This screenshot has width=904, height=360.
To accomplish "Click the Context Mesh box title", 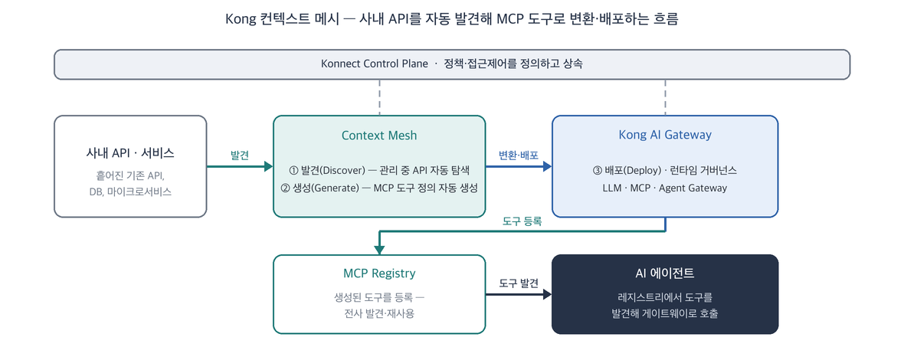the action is [378, 136].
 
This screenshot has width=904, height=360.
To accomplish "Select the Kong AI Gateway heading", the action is [665, 136].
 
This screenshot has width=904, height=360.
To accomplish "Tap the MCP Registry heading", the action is [378, 273].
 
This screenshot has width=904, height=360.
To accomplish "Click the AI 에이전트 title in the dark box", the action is [665, 273].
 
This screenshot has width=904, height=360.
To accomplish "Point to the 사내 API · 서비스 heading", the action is [130, 153].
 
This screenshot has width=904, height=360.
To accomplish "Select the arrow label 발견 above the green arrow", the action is [240, 155].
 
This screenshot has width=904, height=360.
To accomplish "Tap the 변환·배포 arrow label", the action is [519, 155].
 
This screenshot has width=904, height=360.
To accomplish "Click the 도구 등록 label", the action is [522, 221].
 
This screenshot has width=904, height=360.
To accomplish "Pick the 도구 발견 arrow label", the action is [519, 283].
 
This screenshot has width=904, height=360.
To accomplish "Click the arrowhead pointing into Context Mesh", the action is [268, 166].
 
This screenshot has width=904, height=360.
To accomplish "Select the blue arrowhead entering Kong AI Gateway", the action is [547, 166].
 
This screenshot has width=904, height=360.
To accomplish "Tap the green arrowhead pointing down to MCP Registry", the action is [378, 250].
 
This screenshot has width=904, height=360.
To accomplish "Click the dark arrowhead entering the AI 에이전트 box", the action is [547, 294].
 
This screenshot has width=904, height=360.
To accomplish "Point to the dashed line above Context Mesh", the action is [379, 97].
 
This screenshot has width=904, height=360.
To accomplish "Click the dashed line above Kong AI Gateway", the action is [665, 97].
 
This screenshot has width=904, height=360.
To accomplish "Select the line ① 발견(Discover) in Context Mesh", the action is [379, 171].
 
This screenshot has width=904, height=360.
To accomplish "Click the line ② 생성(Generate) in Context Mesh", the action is [379, 188].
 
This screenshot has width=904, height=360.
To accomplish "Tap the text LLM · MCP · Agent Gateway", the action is [665, 188].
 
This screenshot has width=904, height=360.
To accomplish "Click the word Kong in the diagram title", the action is [241, 19].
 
